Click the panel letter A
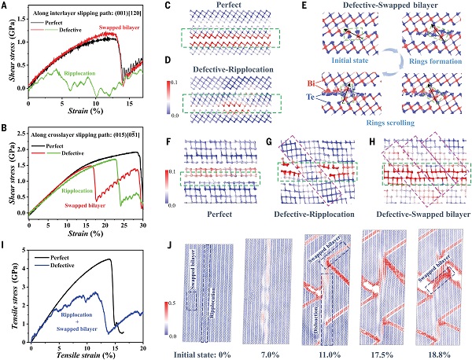coord(6,7)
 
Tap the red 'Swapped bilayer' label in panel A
coord(119,28)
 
